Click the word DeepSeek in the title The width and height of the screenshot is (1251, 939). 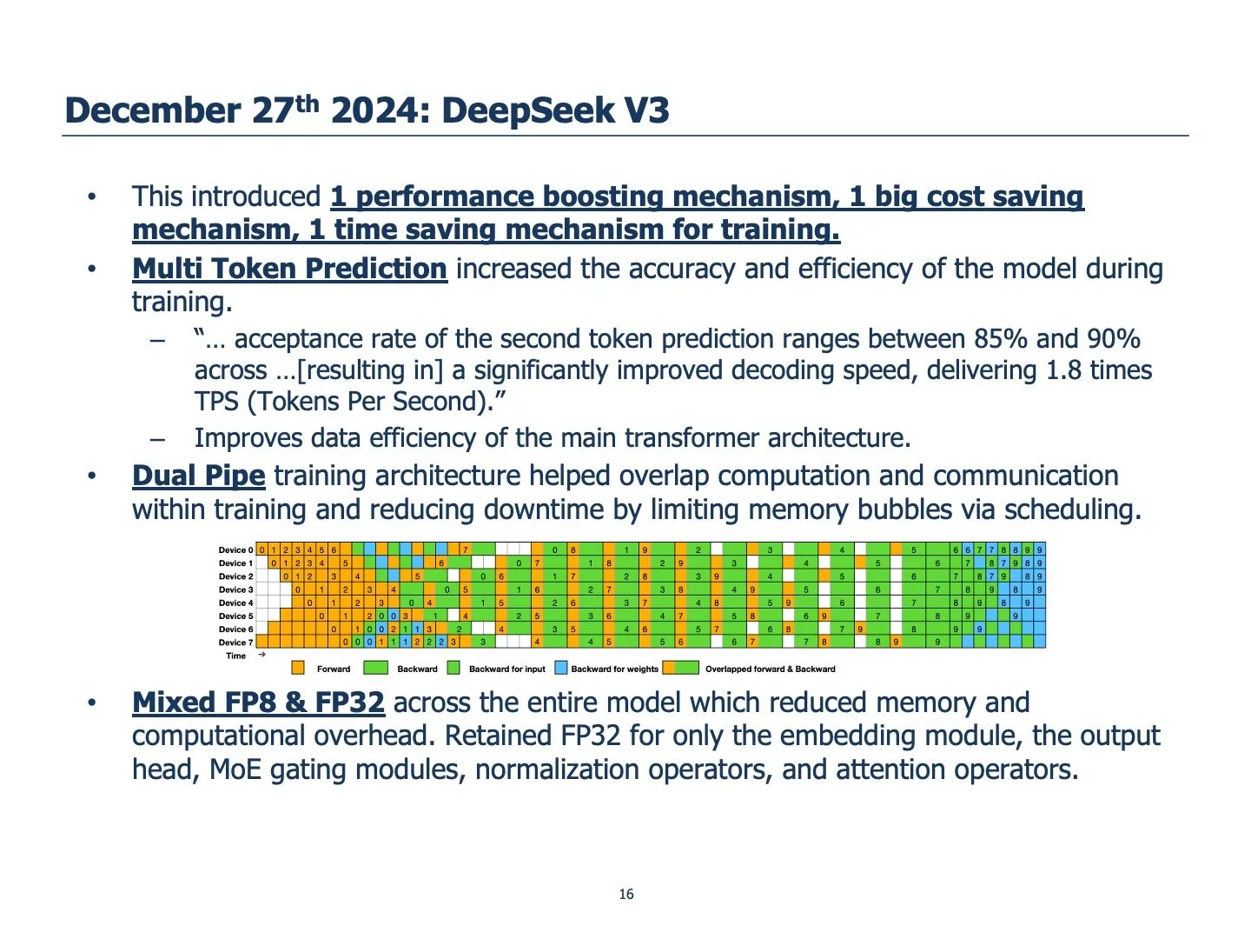[x=526, y=110]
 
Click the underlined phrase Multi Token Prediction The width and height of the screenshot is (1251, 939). [x=289, y=269]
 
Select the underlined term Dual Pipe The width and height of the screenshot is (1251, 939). [x=198, y=476]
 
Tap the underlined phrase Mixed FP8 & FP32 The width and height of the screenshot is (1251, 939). [x=258, y=703]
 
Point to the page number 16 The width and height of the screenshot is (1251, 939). [x=626, y=894]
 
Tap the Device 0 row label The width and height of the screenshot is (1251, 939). [x=235, y=550]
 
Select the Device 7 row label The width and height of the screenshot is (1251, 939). [x=235, y=643]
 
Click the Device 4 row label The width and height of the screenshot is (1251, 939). [x=235, y=603]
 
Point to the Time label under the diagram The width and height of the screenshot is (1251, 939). [x=236, y=656]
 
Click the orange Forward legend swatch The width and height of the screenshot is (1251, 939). [x=298, y=669]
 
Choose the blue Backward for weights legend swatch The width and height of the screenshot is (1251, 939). [x=560, y=669]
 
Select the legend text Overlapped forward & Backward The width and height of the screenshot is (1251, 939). [x=770, y=669]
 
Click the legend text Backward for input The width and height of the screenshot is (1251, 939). [x=506, y=669]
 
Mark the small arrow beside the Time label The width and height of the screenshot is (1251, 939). [x=261, y=655]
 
